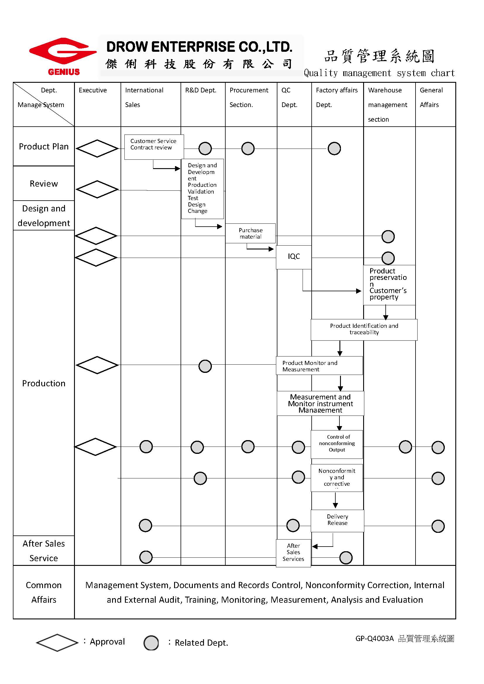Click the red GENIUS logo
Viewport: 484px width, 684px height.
(x=63, y=56)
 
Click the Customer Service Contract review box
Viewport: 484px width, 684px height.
(x=154, y=147)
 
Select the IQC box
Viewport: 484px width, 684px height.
(x=294, y=257)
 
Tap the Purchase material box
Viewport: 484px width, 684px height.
(x=250, y=233)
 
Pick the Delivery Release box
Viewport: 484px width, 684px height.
(x=337, y=521)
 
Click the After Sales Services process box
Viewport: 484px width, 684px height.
(x=293, y=553)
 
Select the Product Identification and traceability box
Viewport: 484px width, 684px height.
(x=364, y=330)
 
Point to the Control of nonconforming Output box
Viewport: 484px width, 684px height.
(x=337, y=444)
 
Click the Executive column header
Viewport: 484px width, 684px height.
(x=93, y=90)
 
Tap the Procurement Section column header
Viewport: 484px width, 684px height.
(x=248, y=97)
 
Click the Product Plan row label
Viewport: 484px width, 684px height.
(x=44, y=147)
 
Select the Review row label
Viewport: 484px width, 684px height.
(x=44, y=184)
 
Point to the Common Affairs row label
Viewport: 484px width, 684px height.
(x=44, y=592)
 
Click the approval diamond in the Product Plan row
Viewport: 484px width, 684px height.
(x=97, y=148)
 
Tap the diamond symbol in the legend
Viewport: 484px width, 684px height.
(x=57, y=642)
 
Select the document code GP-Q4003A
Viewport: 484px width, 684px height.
(x=374, y=639)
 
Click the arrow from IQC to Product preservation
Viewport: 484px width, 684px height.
(x=331, y=291)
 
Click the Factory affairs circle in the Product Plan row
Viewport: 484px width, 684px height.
(x=334, y=148)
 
